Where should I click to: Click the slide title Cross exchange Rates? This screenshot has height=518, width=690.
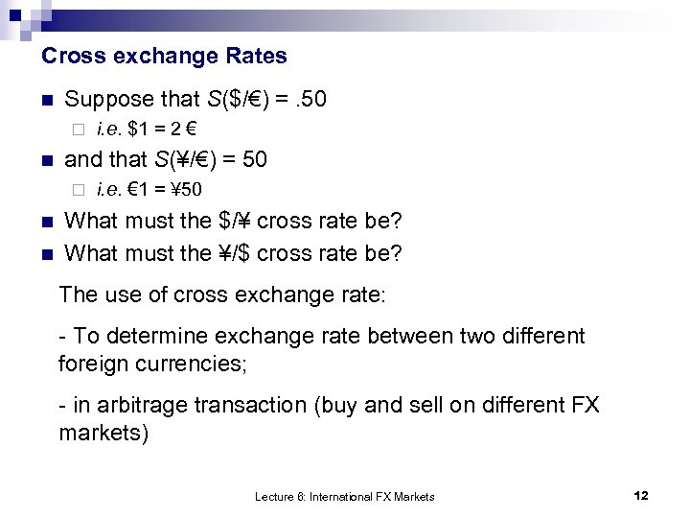tap(164, 56)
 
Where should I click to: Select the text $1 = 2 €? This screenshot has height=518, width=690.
tap(160, 129)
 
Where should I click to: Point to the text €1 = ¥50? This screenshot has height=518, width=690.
tap(162, 189)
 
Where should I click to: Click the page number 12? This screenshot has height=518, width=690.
tap(641, 495)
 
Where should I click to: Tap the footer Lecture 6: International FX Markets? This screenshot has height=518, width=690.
tap(344, 496)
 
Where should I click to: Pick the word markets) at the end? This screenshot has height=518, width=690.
tap(103, 433)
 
